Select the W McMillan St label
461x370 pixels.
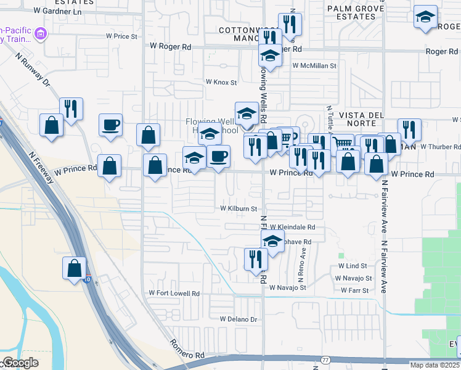(x=314, y=65)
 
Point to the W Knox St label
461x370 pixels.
(x=221, y=81)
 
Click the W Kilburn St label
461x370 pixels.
(x=239, y=209)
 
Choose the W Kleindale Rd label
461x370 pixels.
(x=292, y=227)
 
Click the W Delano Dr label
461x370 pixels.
(x=238, y=319)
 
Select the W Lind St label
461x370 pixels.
(x=353, y=266)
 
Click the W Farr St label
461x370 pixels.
(x=354, y=290)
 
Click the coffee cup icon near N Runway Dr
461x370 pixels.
(x=111, y=125)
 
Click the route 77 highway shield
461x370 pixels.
(x=325, y=360)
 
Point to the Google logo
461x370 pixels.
(x=20, y=363)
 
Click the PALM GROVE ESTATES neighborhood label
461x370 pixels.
(x=356, y=13)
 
